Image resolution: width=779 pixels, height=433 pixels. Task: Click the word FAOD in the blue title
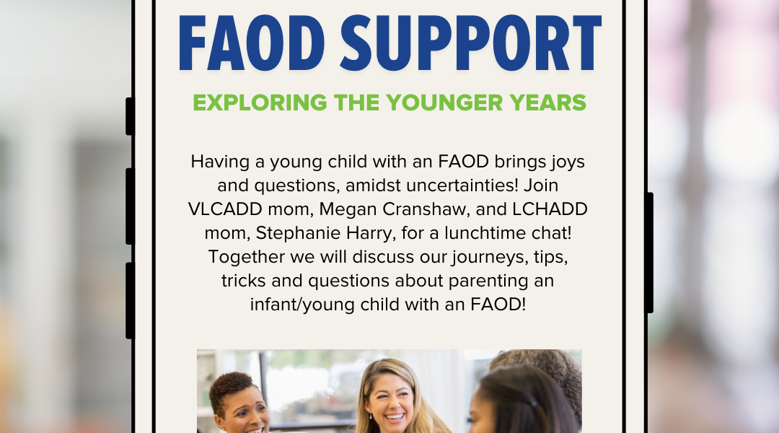tap(252, 43)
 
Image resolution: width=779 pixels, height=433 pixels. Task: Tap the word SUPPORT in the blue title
tap(471, 43)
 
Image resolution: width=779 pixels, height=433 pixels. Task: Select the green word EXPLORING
tap(260, 103)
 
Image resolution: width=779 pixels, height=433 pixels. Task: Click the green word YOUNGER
tap(444, 103)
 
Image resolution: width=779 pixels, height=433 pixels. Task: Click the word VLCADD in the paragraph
tap(225, 209)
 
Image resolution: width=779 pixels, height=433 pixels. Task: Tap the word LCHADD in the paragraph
tap(550, 209)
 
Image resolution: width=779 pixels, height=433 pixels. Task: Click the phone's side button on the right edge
tap(649, 253)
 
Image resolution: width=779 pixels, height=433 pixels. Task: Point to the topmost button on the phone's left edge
tap(130, 116)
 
